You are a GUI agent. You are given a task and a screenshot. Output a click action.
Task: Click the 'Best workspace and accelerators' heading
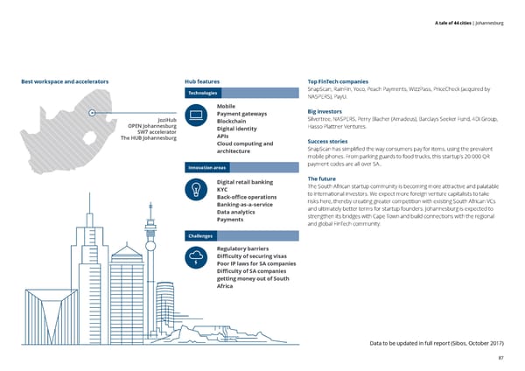[x=64, y=82]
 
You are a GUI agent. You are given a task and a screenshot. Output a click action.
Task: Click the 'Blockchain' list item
[x=233, y=121]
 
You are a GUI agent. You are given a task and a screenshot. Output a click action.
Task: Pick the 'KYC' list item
[x=222, y=189]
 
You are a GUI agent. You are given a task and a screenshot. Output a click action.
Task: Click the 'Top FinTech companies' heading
[x=344, y=82]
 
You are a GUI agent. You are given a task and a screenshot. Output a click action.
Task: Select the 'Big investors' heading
[x=325, y=111]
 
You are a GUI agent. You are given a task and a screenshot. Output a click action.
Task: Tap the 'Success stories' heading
[x=329, y=141]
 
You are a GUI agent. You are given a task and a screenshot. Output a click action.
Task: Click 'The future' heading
[x=323, y=178]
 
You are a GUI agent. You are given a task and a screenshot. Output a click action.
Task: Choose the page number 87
[x=500, y=357]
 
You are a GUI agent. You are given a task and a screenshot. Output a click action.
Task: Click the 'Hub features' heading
[x=202, y=82]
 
